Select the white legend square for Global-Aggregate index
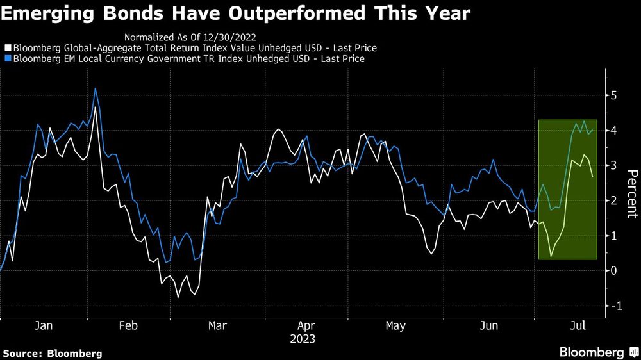click(7, 48)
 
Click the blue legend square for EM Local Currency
click(7, 59)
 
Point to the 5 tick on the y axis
click(613, 96)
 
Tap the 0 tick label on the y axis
click(613, 271)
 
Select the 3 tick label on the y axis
click(613, 166)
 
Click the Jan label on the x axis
click(43, 326)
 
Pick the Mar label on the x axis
click(217, 326)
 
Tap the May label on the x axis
click(395, 326)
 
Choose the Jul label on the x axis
click(579, 326)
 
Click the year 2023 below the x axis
click(302, 339)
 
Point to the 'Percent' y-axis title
click(631, 194)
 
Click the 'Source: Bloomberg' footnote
click(53, 353)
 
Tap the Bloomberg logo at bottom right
click(596, 352)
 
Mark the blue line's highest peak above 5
click(96, 88)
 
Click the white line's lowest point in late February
click(178, 297)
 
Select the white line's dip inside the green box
click(551, 257)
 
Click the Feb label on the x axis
click(128, 326)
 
